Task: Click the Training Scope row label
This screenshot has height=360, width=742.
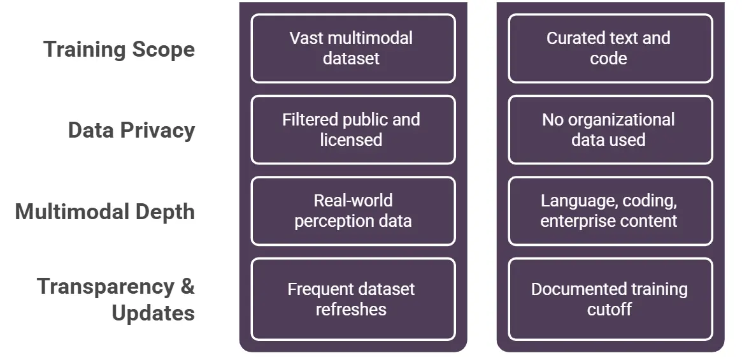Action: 119,49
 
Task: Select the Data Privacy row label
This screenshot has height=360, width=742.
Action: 131,130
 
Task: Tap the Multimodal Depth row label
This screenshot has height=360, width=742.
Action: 105,212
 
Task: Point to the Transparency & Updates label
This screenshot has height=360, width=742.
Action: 116,299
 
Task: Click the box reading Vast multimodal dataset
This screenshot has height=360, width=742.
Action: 353,48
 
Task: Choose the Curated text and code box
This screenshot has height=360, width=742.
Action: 610,48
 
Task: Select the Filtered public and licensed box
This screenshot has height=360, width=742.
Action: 353,130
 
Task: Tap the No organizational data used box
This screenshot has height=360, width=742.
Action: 610,130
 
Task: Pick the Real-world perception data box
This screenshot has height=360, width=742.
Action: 353,211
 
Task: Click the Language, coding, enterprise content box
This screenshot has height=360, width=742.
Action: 610,211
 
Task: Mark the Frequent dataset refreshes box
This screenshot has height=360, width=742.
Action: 353,299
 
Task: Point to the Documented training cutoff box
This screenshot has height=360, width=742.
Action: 610,299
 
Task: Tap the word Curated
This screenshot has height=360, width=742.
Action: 574,38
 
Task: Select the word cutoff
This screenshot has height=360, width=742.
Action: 609,310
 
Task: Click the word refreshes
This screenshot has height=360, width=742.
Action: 351,310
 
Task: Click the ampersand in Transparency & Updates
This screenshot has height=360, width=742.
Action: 187,286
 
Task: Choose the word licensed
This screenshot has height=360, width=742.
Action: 351,140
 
